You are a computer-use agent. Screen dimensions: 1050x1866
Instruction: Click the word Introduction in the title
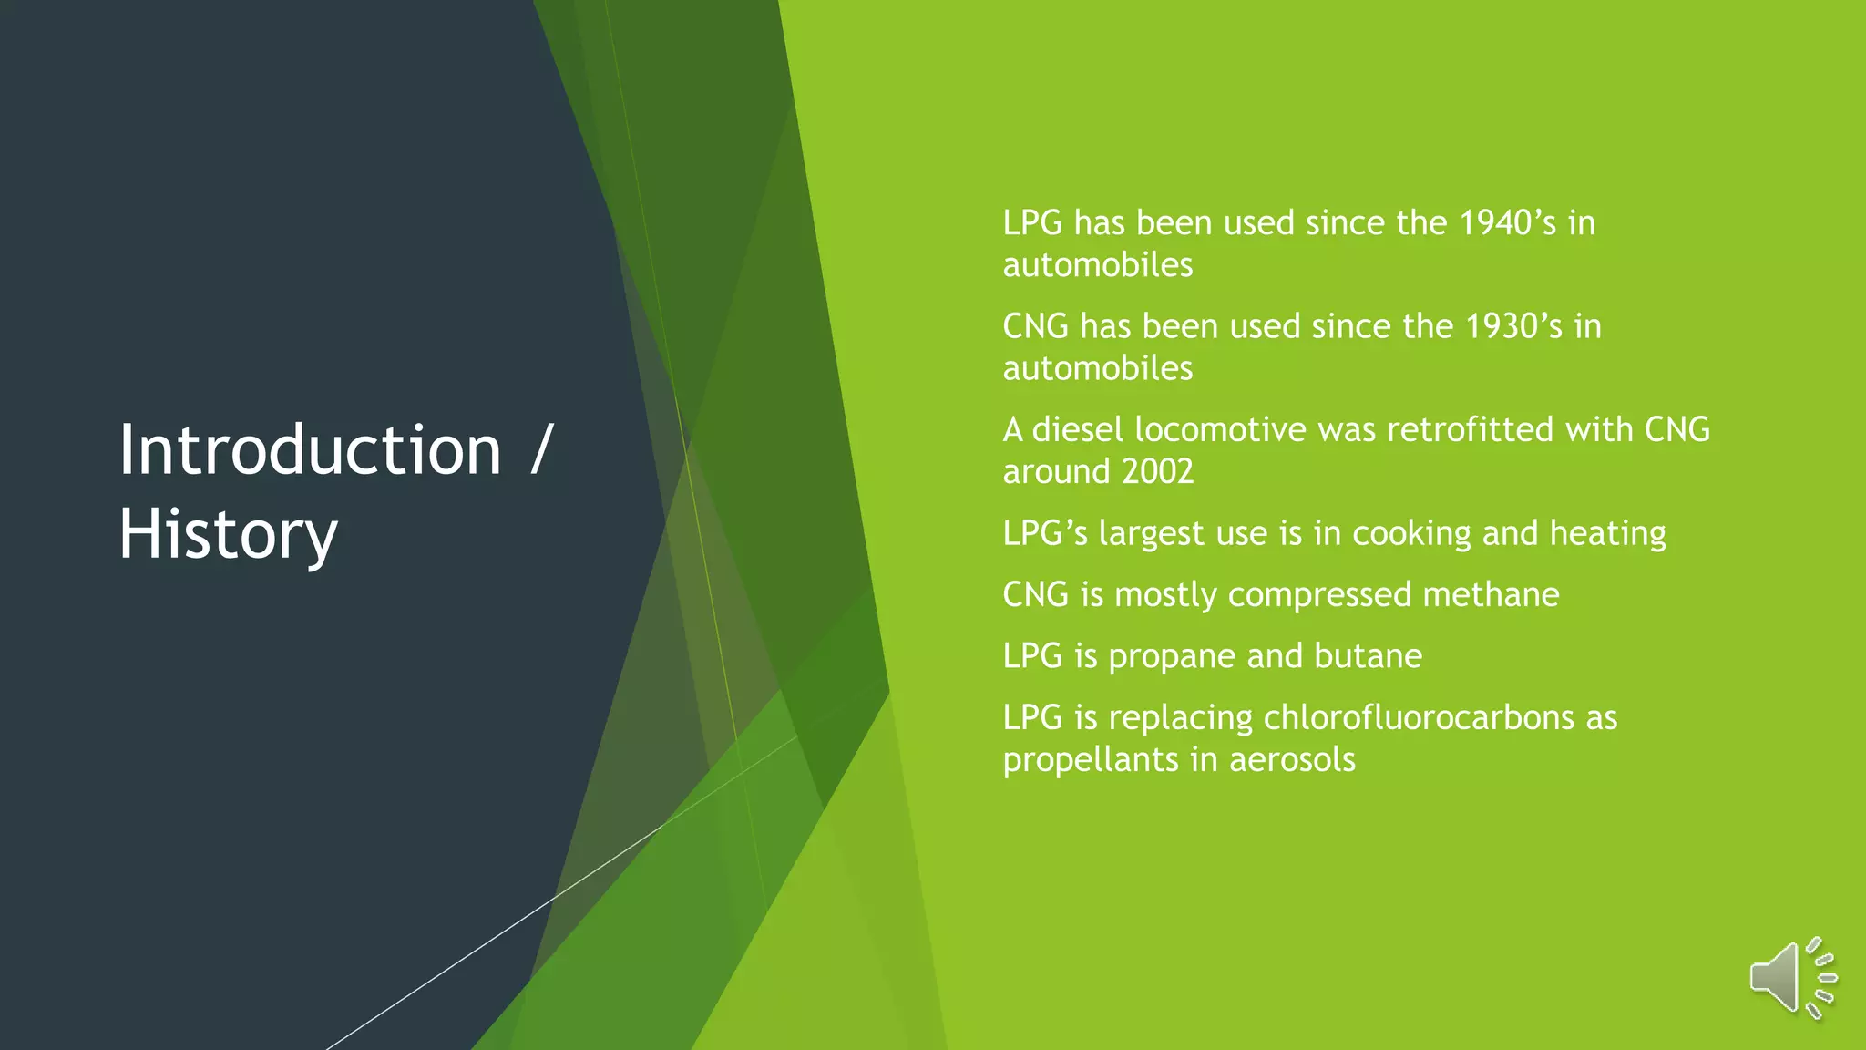(310, 450)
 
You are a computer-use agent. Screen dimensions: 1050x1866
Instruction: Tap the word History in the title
(228, 534)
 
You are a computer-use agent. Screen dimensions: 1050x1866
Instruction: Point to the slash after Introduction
(541, 450)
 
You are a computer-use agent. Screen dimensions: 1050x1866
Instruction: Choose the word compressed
(1319, 595)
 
